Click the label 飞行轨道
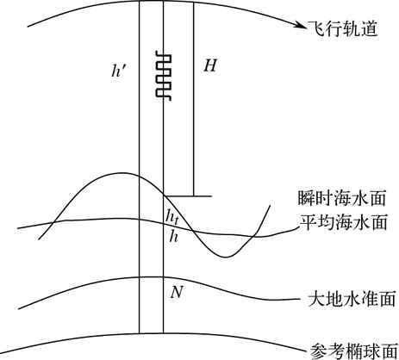pos(343,28)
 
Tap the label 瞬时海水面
pos(341,198)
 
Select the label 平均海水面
pos(344,222)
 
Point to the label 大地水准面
pos(352,299)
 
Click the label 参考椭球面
pos(354,351)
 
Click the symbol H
pos(210,65)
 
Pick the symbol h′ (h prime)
pos(118,71)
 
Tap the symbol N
pos(177,293)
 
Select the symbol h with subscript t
pos(172,216)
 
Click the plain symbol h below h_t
pos(173,235)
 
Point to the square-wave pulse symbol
pos(164,76)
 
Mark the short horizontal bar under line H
pos(188,196)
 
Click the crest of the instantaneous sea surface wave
pos(122,173)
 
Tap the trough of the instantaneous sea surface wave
pos(226,257)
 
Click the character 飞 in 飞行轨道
pos(316,28)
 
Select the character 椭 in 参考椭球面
pos(354,351)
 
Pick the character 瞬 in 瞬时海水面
pos(306,198)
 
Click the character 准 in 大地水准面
pos(370,299)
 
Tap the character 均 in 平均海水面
pos(326,222)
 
